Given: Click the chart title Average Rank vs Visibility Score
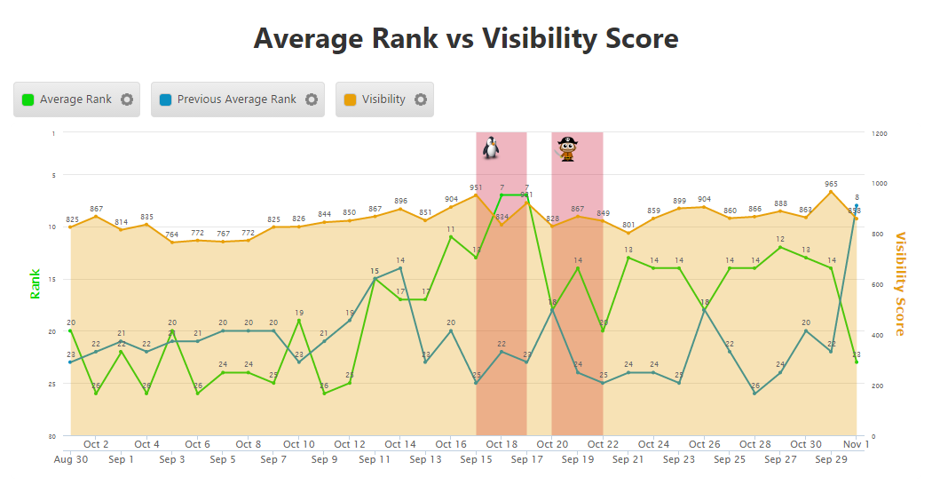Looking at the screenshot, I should (x=466, y=39).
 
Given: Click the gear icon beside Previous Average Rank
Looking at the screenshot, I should (x=312, y=99).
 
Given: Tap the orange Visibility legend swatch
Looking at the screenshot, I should (x=351, y=99).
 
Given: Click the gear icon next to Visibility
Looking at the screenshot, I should (x=421, y=99).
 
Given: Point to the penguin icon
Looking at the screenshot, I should (x=491, y=147).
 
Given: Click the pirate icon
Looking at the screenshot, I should (x=567, y=148).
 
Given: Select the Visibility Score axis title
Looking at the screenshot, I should (x=900, y=283).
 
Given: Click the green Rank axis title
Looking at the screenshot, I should (x=36, y=283).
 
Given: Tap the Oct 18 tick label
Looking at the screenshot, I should (x=502, y=444).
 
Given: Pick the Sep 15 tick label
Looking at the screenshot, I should (x=476, y=460).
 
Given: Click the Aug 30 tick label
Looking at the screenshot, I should (x=70, y=460).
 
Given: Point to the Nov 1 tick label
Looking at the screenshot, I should (x=856, y=444).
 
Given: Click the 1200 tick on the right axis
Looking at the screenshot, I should (x=879, y=133).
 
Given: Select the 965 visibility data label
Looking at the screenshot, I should (x=831, y=184).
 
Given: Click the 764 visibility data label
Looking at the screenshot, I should (x=172, y=235).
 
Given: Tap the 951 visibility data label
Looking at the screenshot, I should (x=476, y=187).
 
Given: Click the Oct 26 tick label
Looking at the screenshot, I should (x=704, y=444).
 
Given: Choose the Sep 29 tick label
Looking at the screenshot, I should (x=831, y=460).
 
